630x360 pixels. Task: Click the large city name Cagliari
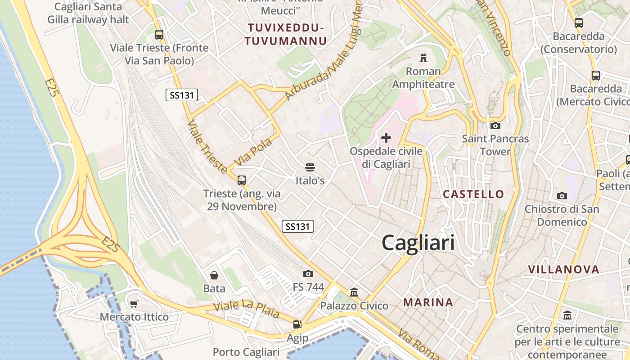(x=418, y=243)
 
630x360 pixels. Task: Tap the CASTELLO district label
(x=473, y=194)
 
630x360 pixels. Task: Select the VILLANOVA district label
(x=563, y=270)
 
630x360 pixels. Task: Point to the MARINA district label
(x=428, y=302)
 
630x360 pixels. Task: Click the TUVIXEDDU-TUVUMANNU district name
(x=286, y=35)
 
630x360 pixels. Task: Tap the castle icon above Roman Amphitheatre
(x=423, y=58)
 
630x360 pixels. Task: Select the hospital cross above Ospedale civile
(x=386, y=138)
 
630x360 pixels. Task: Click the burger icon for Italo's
(x=310, y=167)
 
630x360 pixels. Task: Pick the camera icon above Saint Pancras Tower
(x=495, y=126)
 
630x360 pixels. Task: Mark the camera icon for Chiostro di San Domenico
(x=562, y=196)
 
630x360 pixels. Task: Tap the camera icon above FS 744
(x=308, y=274)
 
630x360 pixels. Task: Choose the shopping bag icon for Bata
(x=214, y=275)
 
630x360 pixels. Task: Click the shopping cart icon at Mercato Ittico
(x=134, y=304)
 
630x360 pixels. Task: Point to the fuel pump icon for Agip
(x=297, y=324)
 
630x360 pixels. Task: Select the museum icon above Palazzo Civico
(x=354, y=292)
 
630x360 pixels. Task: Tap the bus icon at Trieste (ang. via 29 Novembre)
(x=242, y=180)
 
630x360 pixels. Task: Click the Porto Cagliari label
(x=246, y=352)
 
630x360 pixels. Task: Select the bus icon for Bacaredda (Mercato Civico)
(x=596, y=76)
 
